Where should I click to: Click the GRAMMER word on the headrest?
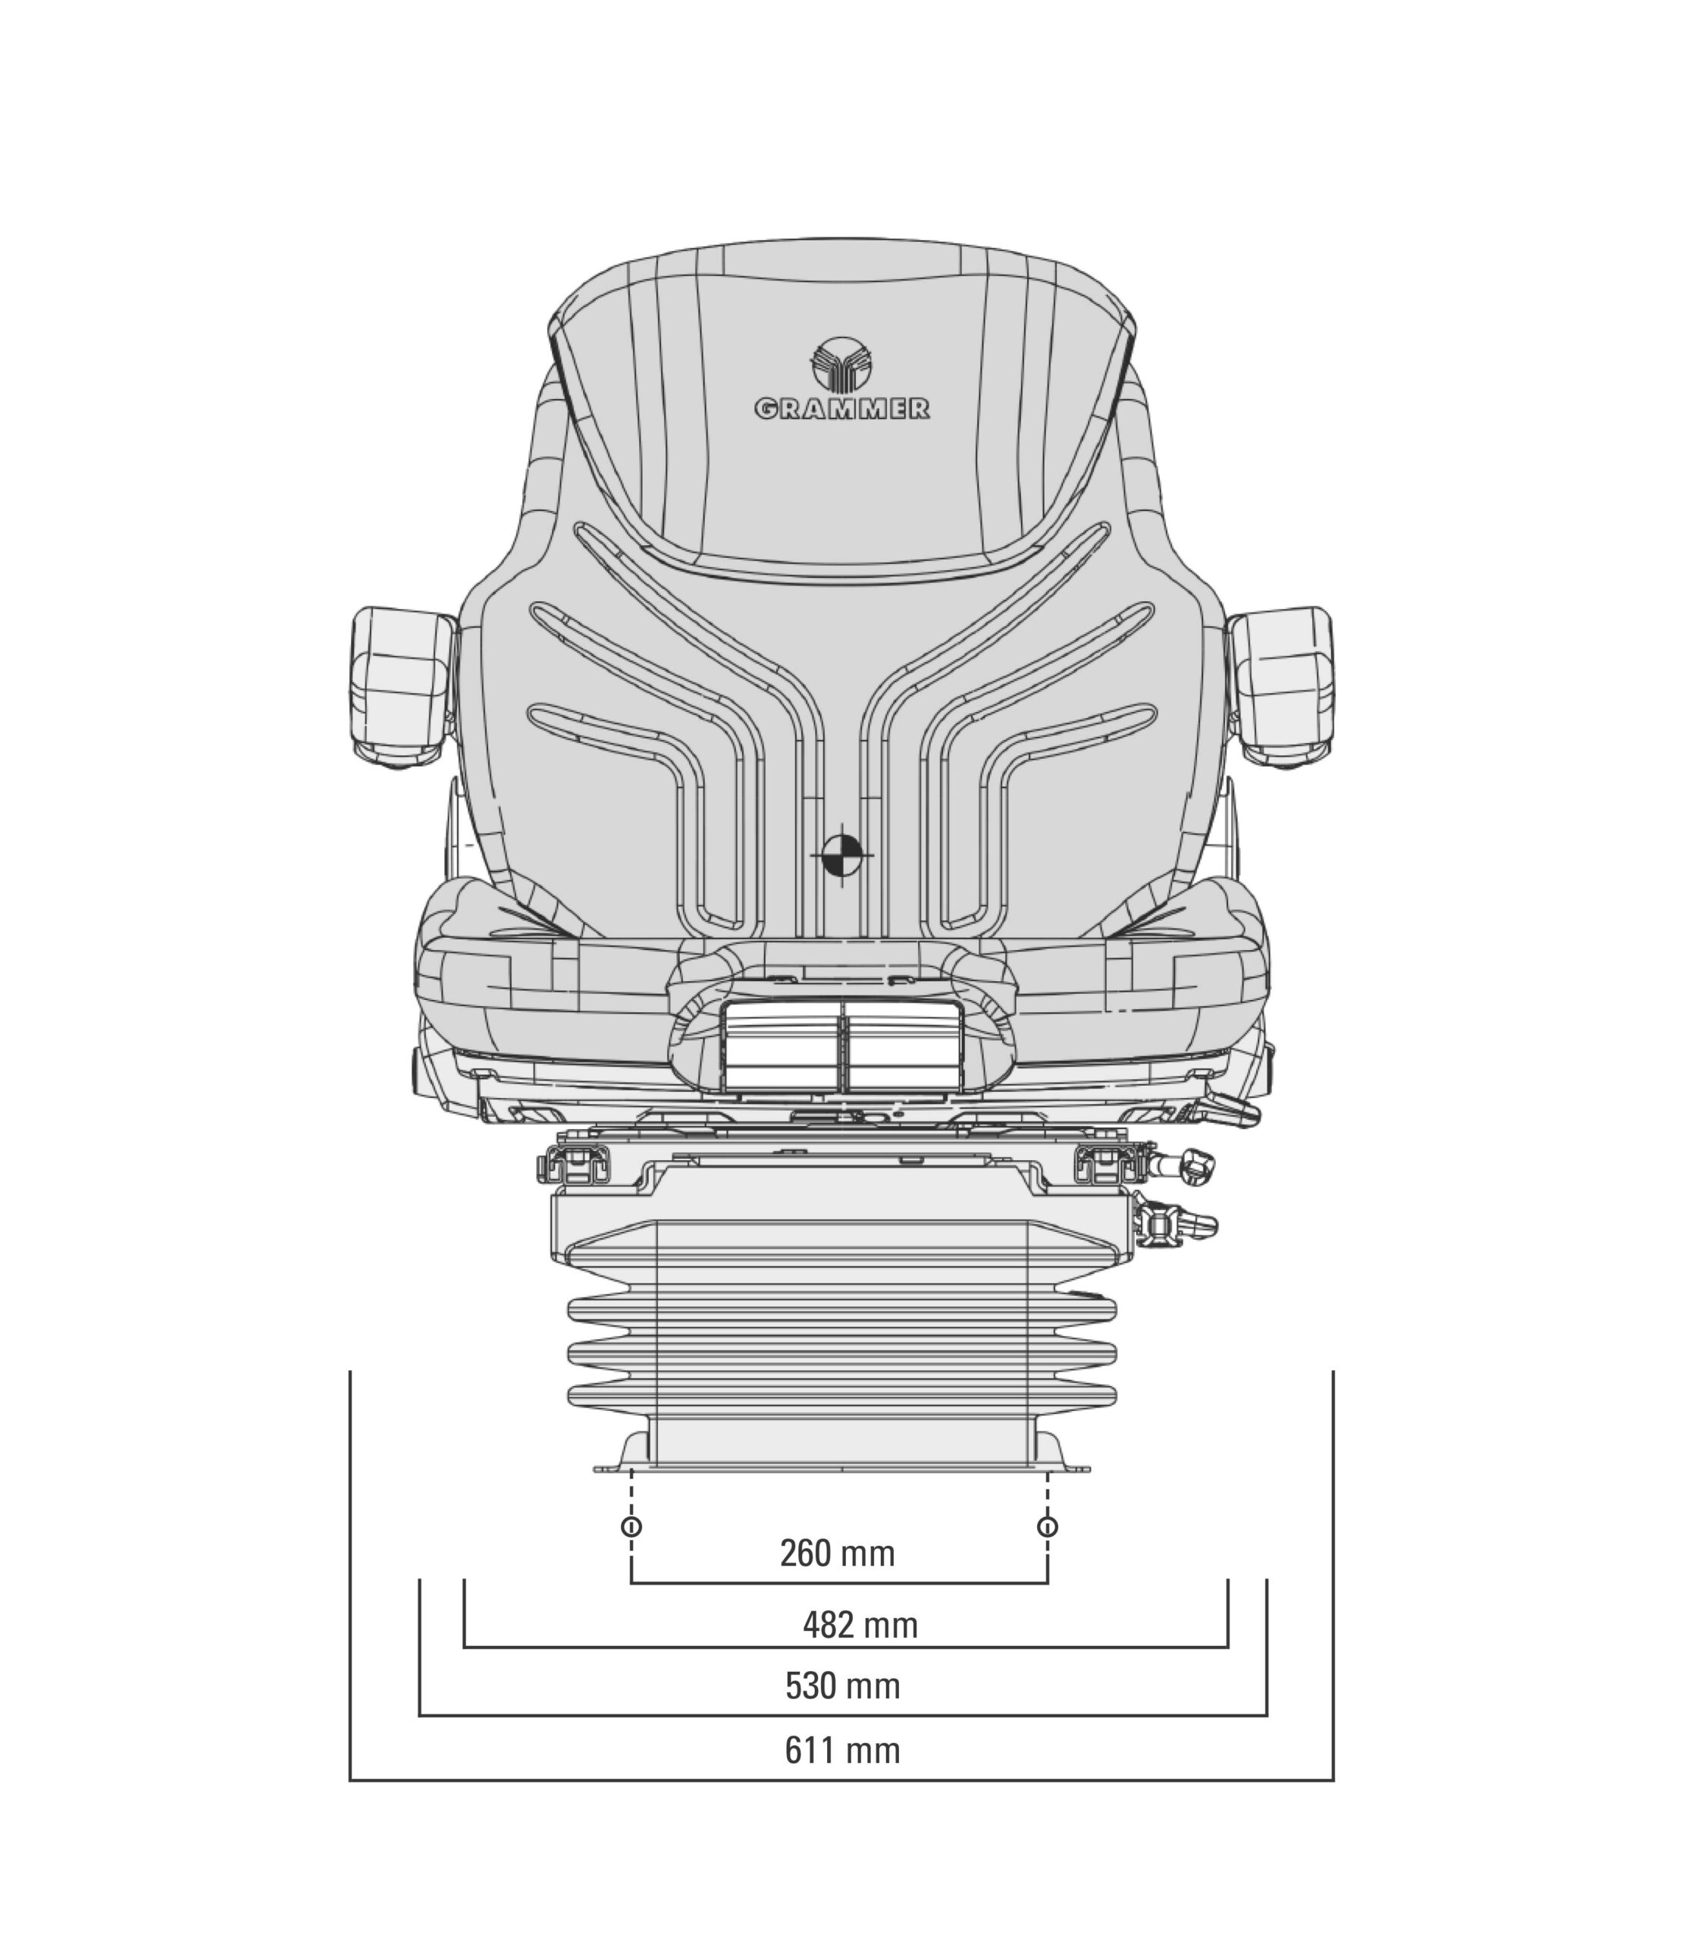point(842,409)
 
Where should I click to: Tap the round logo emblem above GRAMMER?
point(842,364)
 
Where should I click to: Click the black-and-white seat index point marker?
point(842,854)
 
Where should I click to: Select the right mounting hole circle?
point(1047,1527)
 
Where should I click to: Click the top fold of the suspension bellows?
point(842,1310)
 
